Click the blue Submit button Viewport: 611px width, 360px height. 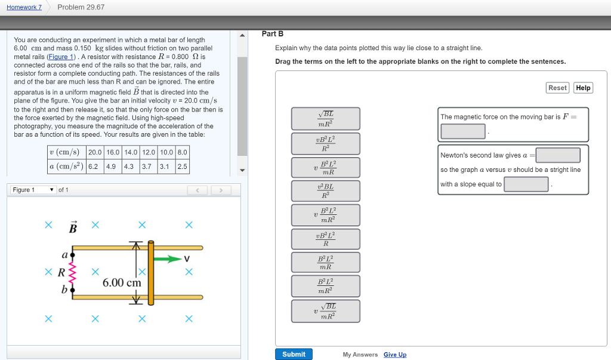point(294,354)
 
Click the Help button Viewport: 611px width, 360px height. point(583,88)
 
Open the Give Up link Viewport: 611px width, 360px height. point(394,355)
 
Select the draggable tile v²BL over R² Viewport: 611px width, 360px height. point(325,190)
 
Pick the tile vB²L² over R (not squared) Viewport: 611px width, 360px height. point(325,239)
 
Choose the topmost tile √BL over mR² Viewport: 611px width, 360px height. point(325,118)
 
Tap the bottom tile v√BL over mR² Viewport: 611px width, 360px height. point(325,311)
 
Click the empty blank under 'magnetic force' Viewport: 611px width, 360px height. point(463,131)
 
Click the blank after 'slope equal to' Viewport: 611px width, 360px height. point(526,184)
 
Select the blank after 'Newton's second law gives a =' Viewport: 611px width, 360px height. point(558,155)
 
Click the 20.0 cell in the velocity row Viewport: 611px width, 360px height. point(95,152)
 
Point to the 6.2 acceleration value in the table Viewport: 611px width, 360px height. point(93,167)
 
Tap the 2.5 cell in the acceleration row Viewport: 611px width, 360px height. point(182,167)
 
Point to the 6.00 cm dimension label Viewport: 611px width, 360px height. point(122,282)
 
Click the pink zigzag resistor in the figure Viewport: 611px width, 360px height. point(73,273)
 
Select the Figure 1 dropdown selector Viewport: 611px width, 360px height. point(33,190)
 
